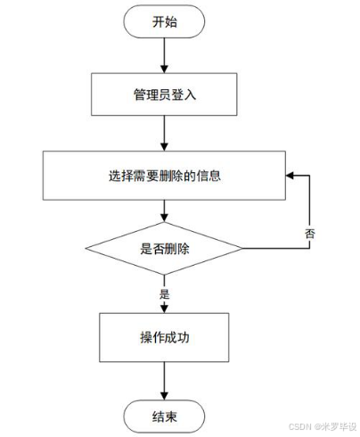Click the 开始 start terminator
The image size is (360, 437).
165,23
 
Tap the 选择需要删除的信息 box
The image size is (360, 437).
165,176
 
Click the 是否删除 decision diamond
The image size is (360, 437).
165,249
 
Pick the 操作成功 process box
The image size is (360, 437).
165,338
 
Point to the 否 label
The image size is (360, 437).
308,233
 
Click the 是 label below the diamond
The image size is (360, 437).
163,293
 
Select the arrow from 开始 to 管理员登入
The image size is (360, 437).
165,55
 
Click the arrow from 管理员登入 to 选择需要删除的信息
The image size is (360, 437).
165,133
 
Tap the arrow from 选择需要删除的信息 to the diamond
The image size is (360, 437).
165,210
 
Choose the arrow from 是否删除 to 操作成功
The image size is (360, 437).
165,294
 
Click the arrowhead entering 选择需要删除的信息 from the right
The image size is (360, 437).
289,176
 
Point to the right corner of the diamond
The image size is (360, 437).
242,249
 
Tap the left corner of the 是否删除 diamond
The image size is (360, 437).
87,249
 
